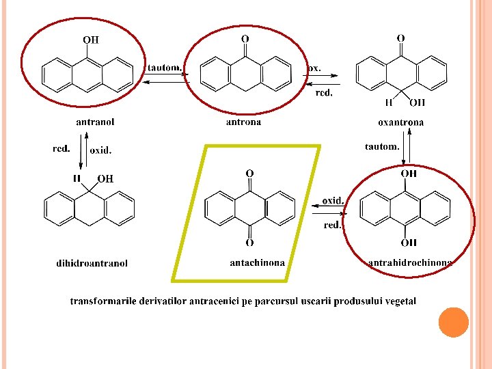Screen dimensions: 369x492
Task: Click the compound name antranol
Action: click(x=95, y=122)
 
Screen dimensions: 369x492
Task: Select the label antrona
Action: click(x=243, y=122)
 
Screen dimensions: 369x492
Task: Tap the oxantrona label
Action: click(x=400, y=122)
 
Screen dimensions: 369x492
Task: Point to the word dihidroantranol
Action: click(x=92, y=263)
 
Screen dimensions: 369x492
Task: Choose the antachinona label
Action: click(x=258, y=262)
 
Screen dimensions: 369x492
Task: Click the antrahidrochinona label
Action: click(x=410, y=262)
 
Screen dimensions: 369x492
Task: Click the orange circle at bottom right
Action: click(x=454, y=323)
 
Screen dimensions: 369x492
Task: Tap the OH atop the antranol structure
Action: click(x=91, y=40)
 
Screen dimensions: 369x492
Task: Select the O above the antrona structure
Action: click(x=245, y=39)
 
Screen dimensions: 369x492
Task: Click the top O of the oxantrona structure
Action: click(x=400, y=38)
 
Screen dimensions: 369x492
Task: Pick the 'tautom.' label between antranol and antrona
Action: click(x=165, y=68)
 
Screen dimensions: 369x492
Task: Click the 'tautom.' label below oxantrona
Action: click(x=383, y=146)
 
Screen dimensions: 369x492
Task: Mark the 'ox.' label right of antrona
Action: click(x=314, y=68)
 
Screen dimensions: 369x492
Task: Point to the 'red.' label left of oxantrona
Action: click(x=324, y=94)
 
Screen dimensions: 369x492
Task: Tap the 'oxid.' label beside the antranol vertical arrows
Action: click(x=100, y=150)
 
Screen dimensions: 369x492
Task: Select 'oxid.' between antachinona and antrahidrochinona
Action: click(x=333, y=201)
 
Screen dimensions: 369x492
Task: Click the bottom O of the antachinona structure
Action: click(x=249, y=243)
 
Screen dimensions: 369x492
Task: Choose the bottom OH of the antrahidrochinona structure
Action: click(x=409, y=243)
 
